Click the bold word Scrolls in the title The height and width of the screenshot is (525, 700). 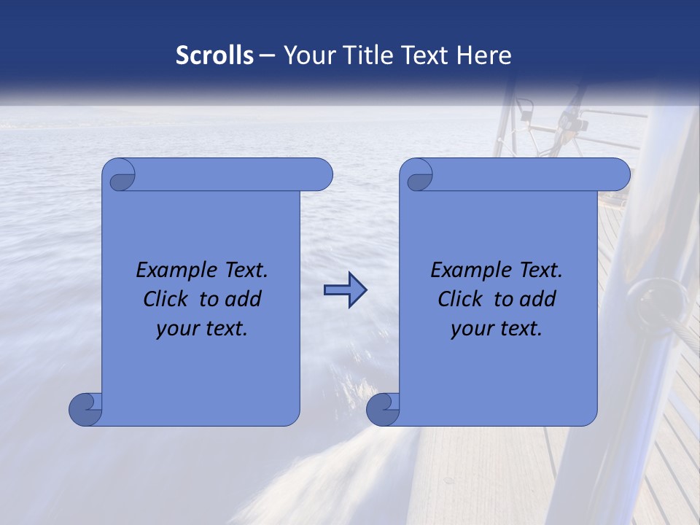[214, 55]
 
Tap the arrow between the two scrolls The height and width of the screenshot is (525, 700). [345, 290]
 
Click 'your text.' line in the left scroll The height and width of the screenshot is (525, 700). [201, 328]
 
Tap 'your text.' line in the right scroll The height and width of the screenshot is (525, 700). [496, 328]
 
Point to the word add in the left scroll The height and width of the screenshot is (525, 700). [244, 299]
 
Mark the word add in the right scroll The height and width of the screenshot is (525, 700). [539, 299]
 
